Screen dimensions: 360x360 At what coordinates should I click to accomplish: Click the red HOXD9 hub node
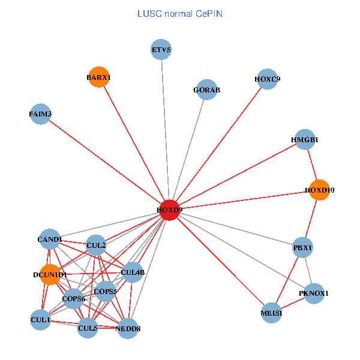[170, 210]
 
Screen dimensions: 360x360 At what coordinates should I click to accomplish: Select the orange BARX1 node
[98, 77]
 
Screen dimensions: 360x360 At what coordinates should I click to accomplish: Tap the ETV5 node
[161, 49]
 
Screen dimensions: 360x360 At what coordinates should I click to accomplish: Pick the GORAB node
[206, 90]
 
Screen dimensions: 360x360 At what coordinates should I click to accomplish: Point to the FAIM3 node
[40, 113]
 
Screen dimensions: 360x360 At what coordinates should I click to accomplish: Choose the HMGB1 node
[305, 140]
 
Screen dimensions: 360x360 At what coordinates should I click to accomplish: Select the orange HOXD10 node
[319, 190]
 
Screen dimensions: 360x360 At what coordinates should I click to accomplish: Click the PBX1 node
[303, 247]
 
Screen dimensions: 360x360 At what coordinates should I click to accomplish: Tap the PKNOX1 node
[314, 293]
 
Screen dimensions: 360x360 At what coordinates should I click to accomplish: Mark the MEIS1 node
[272, 313]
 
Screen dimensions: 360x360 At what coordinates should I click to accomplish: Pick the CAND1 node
[50, 240]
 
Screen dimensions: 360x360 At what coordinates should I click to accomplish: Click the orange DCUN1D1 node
[49, 274]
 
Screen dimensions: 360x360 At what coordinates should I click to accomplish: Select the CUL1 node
[40, 320]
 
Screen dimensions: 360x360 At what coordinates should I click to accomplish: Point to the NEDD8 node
[128, 328]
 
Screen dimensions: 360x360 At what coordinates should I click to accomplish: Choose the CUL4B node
[133, 272]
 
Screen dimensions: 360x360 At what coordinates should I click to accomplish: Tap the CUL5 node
[88, 328]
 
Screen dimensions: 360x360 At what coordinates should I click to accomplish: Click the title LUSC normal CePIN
[180, 13]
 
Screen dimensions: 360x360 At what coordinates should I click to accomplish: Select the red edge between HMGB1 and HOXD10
[312, 165]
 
